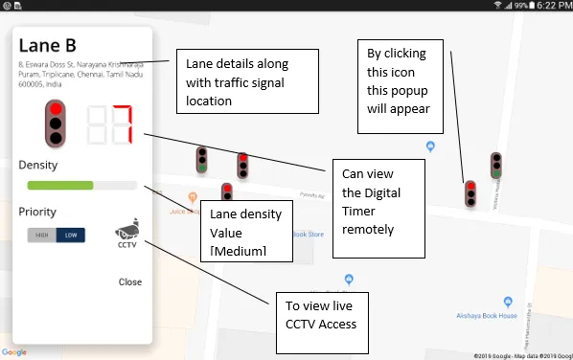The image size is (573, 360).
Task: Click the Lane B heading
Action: [x=48, y=47]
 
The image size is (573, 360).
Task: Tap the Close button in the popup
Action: [x=130, y=281]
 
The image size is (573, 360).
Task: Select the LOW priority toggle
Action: [x=70, y=235]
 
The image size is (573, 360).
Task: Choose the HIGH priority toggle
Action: [x=42, y=235]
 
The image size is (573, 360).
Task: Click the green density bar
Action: [x=60, y=185]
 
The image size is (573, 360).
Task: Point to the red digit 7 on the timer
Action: [x=121, y=124]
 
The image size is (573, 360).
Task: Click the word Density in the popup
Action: [x=37, y=165]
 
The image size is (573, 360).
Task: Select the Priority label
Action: [x=37, y=212]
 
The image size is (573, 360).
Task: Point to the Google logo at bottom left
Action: [x=14, y=352]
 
